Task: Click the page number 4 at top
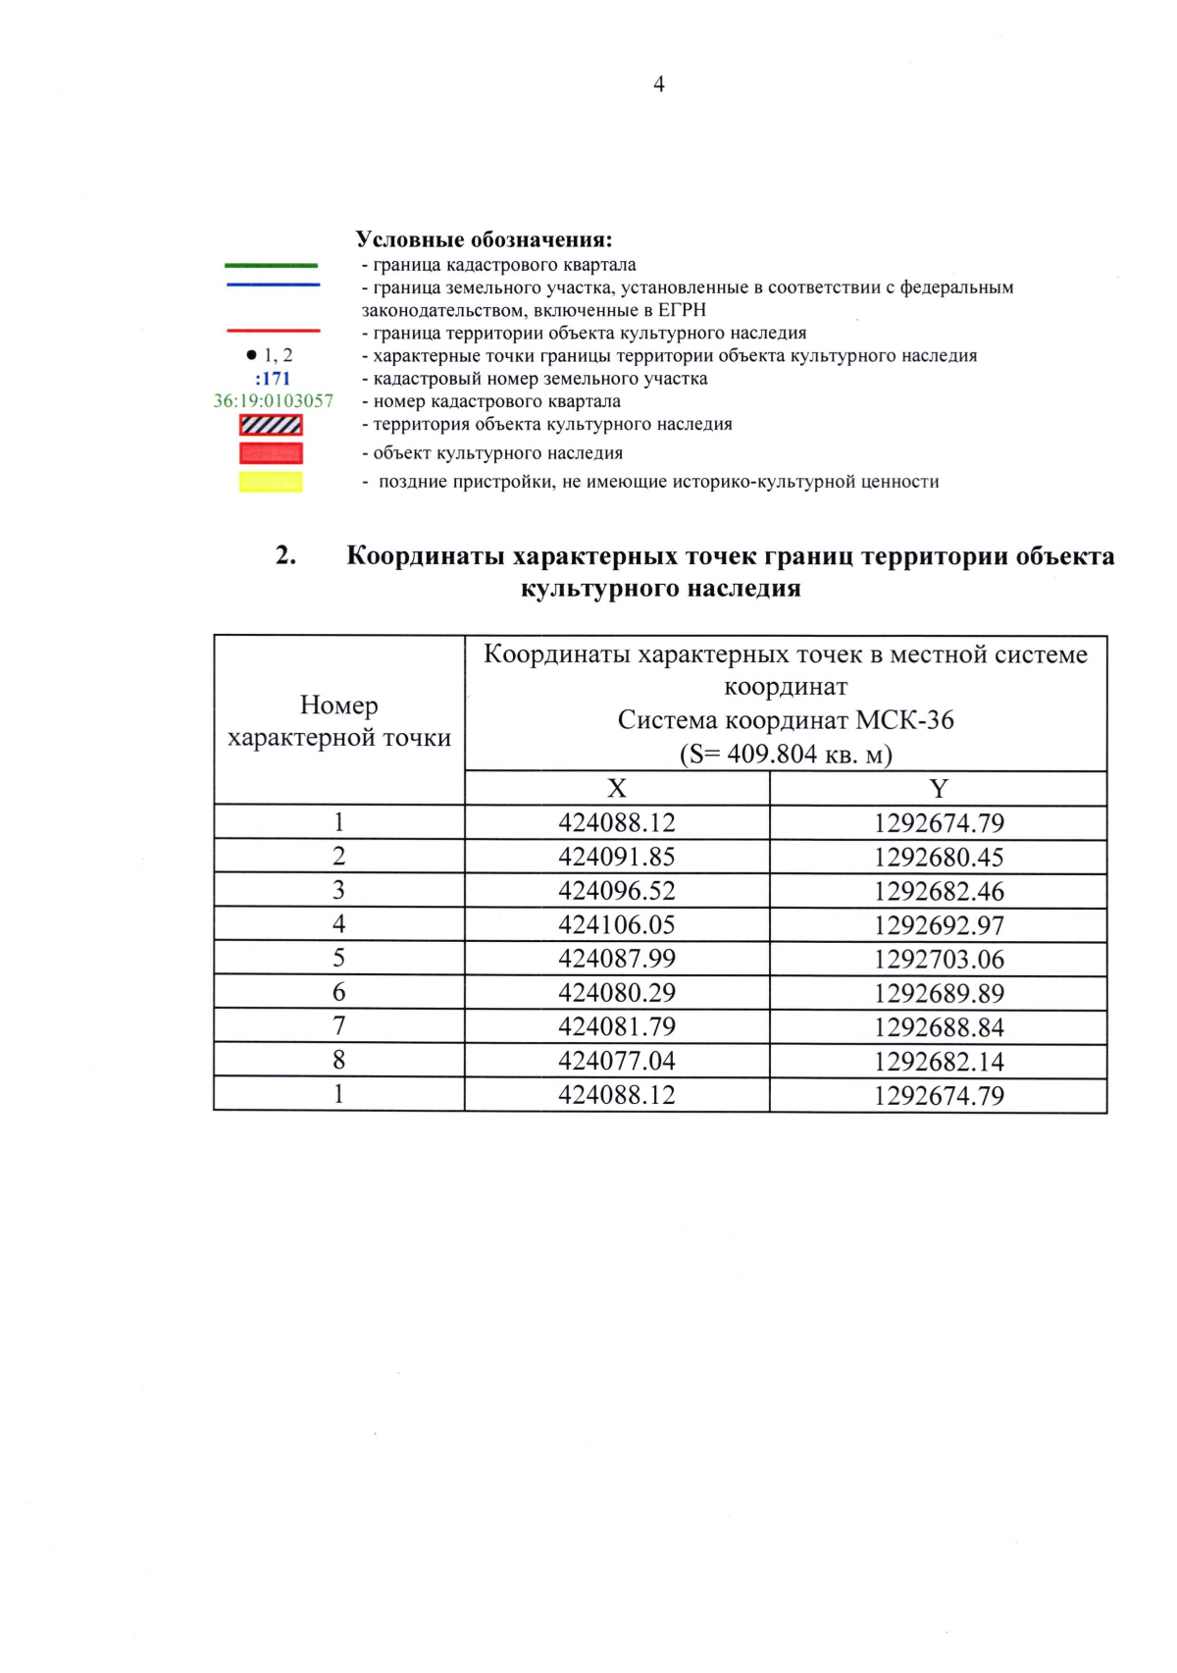658,84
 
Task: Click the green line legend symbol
272,265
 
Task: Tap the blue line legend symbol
273,285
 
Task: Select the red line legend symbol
273,331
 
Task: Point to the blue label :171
273,379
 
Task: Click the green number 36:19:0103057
274,401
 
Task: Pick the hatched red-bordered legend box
271,425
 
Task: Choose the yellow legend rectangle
271,482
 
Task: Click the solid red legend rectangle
271,453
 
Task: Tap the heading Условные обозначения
484,239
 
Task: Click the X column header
616,789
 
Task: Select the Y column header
939,789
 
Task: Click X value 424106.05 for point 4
617,924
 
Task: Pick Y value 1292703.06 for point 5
939,960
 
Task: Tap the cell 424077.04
617,1061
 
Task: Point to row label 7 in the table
338,1026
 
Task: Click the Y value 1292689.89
939,993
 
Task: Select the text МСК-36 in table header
904,720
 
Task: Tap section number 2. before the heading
285,555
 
